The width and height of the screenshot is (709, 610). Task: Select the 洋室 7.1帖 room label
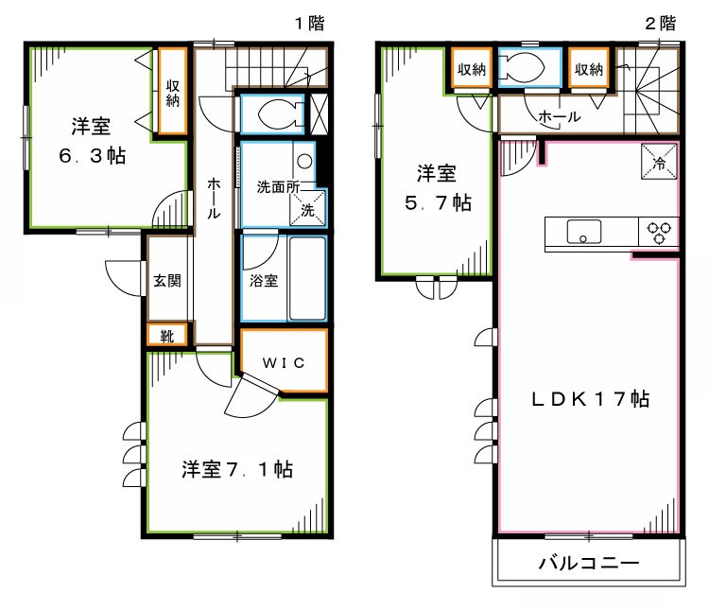point(236,470)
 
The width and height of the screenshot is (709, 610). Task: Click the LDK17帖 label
point(588,399)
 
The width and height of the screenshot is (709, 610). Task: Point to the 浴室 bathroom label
point(264,281)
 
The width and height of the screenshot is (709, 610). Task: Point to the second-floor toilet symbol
point(521,67)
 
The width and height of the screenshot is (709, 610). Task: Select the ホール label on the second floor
point(559,116)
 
